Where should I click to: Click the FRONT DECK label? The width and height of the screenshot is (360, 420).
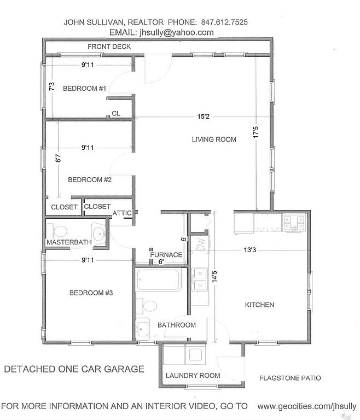[x=109, y=47]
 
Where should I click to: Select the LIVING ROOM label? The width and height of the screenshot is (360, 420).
[x=214, y=139]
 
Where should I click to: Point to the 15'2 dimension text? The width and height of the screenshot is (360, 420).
[x=204, y=116]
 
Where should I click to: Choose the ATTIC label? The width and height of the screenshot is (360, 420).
[x=121, y=213]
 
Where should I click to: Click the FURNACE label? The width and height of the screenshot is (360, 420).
[x=166, y=255]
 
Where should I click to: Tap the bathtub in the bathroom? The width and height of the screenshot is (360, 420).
[x=159, y=281]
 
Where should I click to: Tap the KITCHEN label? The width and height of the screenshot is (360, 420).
[x=259, y=305]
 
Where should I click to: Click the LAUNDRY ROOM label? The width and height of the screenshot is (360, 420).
[x=193, y=376]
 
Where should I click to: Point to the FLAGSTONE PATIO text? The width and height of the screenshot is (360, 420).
[x=290, y=378]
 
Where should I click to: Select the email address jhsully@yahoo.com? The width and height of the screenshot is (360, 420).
[x=177, y=32]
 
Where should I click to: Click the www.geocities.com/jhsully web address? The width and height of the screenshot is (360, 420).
[x=306, y=406]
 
